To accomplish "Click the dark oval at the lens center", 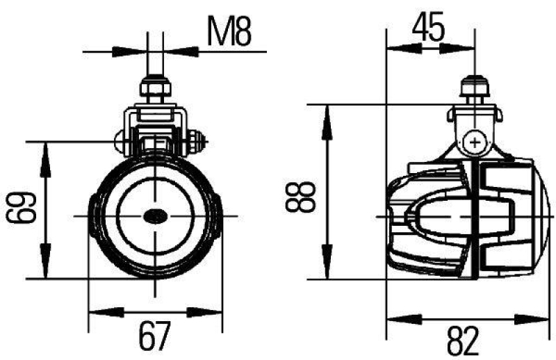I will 154,217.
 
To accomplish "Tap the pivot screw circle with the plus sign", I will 475,143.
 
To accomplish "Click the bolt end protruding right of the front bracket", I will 199,144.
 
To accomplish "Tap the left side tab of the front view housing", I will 92,217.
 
